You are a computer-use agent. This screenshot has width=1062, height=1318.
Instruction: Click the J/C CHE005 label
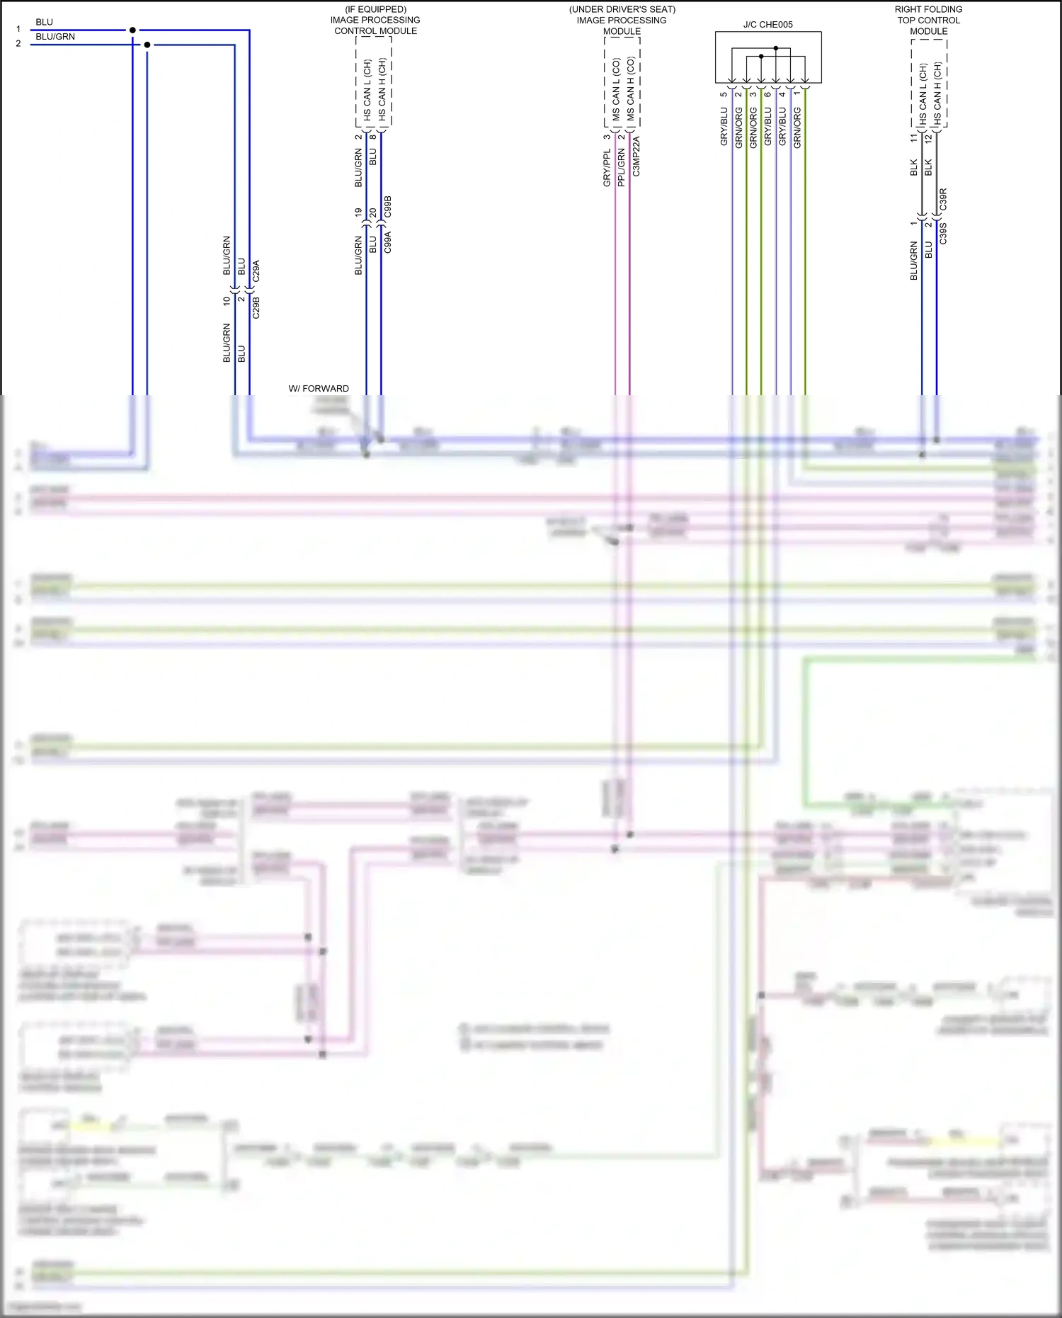[767, 25]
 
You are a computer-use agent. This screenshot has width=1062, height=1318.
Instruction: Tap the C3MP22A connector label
[636, 157]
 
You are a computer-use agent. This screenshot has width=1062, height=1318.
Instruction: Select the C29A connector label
[256, 271]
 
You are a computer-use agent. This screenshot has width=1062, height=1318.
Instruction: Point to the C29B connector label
[256, 307]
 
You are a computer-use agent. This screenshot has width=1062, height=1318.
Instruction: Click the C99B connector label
[387, 207]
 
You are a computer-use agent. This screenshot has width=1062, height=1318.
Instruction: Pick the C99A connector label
[387, 242]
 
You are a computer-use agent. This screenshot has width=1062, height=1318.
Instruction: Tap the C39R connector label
[943, 199]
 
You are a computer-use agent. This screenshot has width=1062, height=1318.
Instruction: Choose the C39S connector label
[943, 233]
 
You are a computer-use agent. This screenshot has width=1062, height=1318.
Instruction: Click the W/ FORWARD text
[319, 388]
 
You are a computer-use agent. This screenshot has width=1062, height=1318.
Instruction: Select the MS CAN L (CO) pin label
[616, 89]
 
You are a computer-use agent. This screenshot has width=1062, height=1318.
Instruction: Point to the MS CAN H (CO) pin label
[630, 89]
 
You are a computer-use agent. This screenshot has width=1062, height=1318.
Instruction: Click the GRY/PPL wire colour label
[607, 169]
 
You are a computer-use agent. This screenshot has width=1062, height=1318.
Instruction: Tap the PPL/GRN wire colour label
[621, 168]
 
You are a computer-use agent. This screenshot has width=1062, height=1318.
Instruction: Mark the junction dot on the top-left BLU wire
[132, 30]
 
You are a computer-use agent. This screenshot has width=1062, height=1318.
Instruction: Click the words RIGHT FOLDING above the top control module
[928, 9]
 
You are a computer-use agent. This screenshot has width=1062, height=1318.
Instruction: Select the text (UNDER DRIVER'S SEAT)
[622, 9]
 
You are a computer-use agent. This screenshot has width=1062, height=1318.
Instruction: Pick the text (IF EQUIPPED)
[375, 9]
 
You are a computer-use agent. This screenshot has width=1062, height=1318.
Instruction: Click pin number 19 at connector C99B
[358, 212]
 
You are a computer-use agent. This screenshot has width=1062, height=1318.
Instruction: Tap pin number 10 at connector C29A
[227, 300]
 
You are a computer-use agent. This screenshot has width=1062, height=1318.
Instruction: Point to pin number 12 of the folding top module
[928, 139]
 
